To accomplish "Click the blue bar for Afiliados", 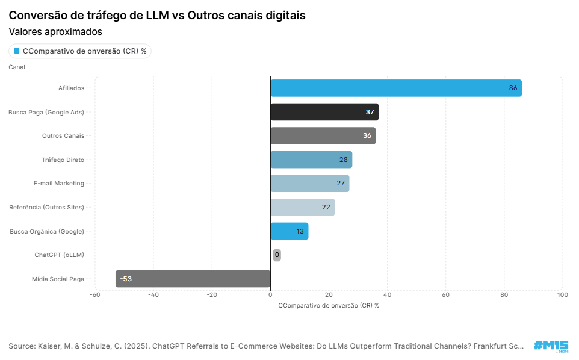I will click(x=395, y=88).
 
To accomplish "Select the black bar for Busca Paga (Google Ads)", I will click(x=324, y=112).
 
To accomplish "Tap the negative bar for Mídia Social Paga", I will click(x=193, y=279).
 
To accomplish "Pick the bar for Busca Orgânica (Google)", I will click(x=289, y=231).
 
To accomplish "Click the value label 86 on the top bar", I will click(x=513, y=88).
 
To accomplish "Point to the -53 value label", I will click(x=126, y=279).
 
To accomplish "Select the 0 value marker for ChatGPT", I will click(x=277, y=255).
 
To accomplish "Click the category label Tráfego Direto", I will click(x=63, y=160).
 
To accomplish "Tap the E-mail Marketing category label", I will click(x=59, y=183).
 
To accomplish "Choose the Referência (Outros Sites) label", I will click(x=46, y=207).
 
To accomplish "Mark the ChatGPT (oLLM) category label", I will click(x=59, y=255).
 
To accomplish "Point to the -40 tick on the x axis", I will click(x=153, y=295).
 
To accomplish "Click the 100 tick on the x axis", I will click(x=562, y=295).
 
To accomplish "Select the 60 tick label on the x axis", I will click(x=445, y=295).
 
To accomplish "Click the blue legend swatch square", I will click(x=17, y=51).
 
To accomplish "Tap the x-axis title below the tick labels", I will click(x=328, y=305).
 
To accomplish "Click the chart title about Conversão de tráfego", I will click(x=157, y=16).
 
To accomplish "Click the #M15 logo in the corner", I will click(x=550, y=346).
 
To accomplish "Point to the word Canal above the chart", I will click(x=17, y=67).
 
